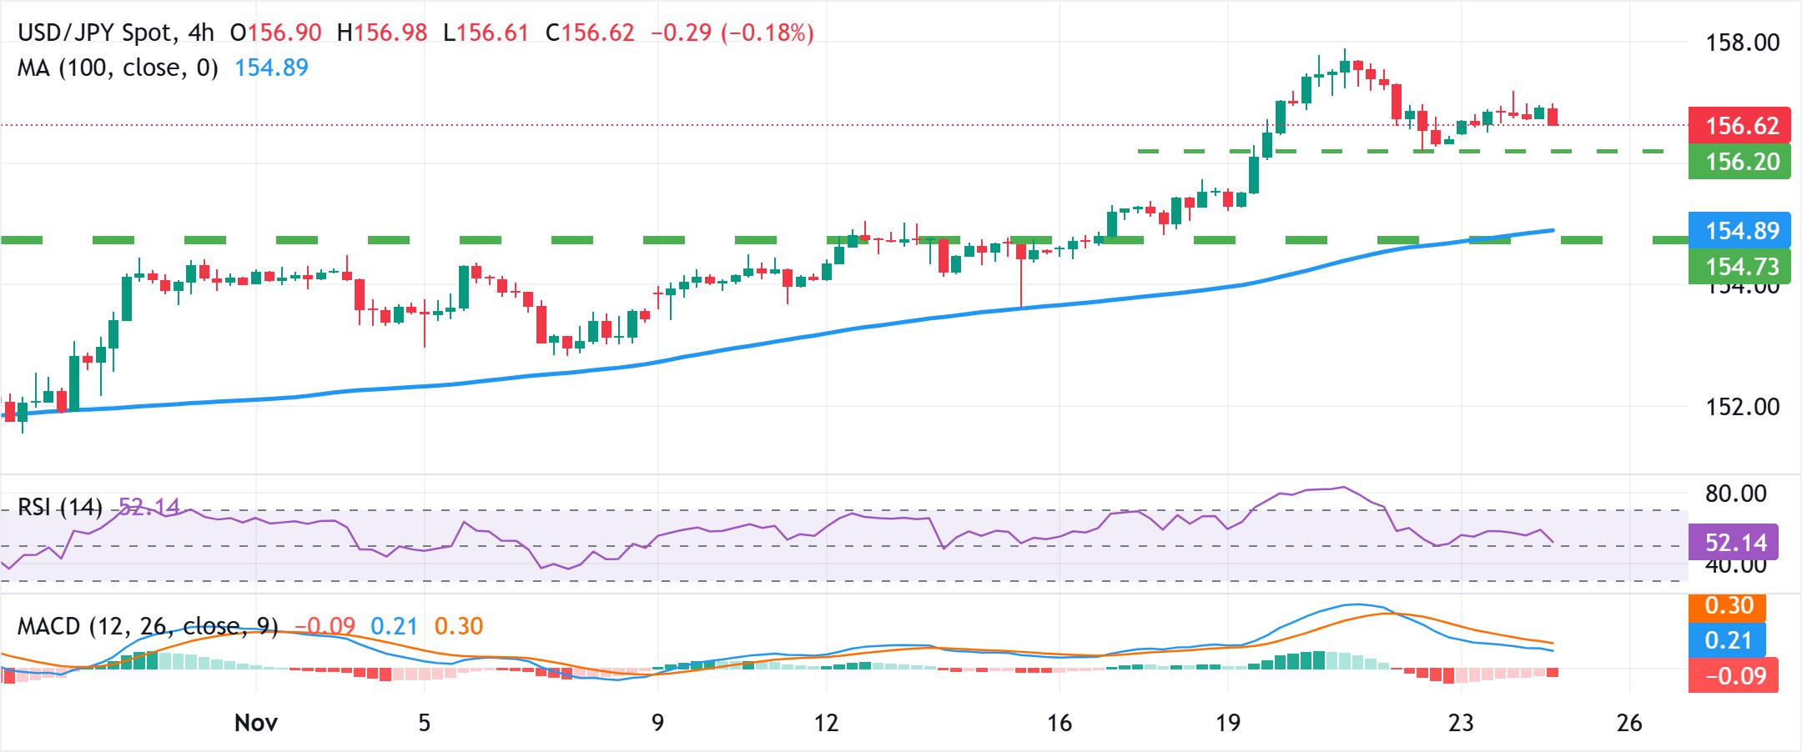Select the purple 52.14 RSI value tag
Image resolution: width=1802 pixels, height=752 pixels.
coord(1734,543)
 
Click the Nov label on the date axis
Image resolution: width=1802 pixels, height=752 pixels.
coord(255,722)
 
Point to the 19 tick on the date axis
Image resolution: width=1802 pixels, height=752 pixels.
coord(1228,722)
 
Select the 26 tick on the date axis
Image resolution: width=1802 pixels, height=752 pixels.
coord(1628,722)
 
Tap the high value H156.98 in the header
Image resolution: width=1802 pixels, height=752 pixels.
coord(382,33)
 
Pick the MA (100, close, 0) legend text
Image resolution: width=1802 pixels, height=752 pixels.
coord(118,68)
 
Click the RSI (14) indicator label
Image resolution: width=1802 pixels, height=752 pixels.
coord(59,507)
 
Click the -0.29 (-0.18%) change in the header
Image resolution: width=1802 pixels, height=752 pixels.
coord(730,33)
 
